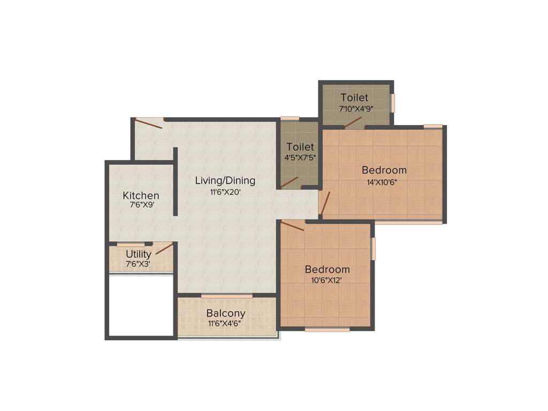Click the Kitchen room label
tap(141, 195)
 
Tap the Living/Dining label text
tap(225, 180)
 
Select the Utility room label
tap(139, 254)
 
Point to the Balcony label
tap(226, 313)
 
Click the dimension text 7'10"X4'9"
tap(356, 109)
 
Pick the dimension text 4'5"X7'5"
tap(300, 158)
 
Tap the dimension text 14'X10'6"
tap(384, 181)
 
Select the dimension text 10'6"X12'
tap(327, 280)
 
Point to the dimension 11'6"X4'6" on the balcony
tap(226, 324)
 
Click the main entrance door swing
tap(149, 124)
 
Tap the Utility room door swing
tap(164, 249)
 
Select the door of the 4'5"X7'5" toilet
tap(290, 182)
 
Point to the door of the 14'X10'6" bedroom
tap(325, 203)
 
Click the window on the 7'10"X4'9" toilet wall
tap(392, 103)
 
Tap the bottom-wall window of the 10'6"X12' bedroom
tap(326, 330)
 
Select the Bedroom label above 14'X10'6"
tap(384, 170)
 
